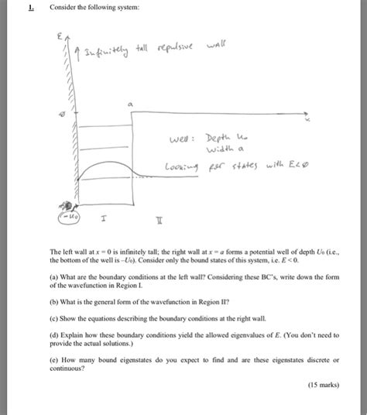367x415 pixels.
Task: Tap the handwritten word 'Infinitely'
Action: pyautogui.click(x=92, y=52)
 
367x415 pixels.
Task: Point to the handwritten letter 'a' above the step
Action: pyautogui.click(x=130, y=101)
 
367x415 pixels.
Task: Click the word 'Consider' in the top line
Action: pyautogui.click(x=63, y=9)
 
